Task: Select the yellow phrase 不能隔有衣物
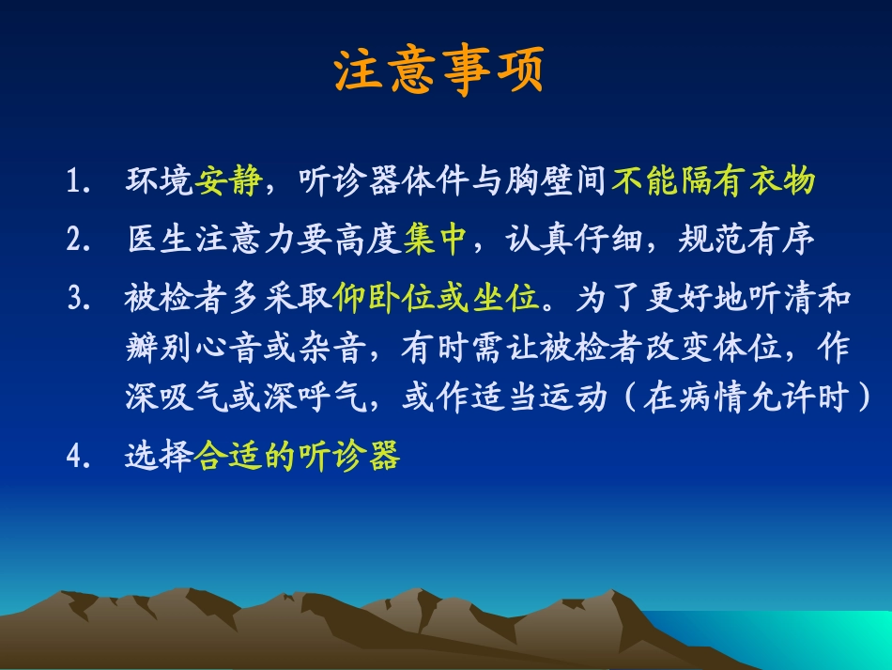point(713,180)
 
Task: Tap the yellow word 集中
point(437,240)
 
